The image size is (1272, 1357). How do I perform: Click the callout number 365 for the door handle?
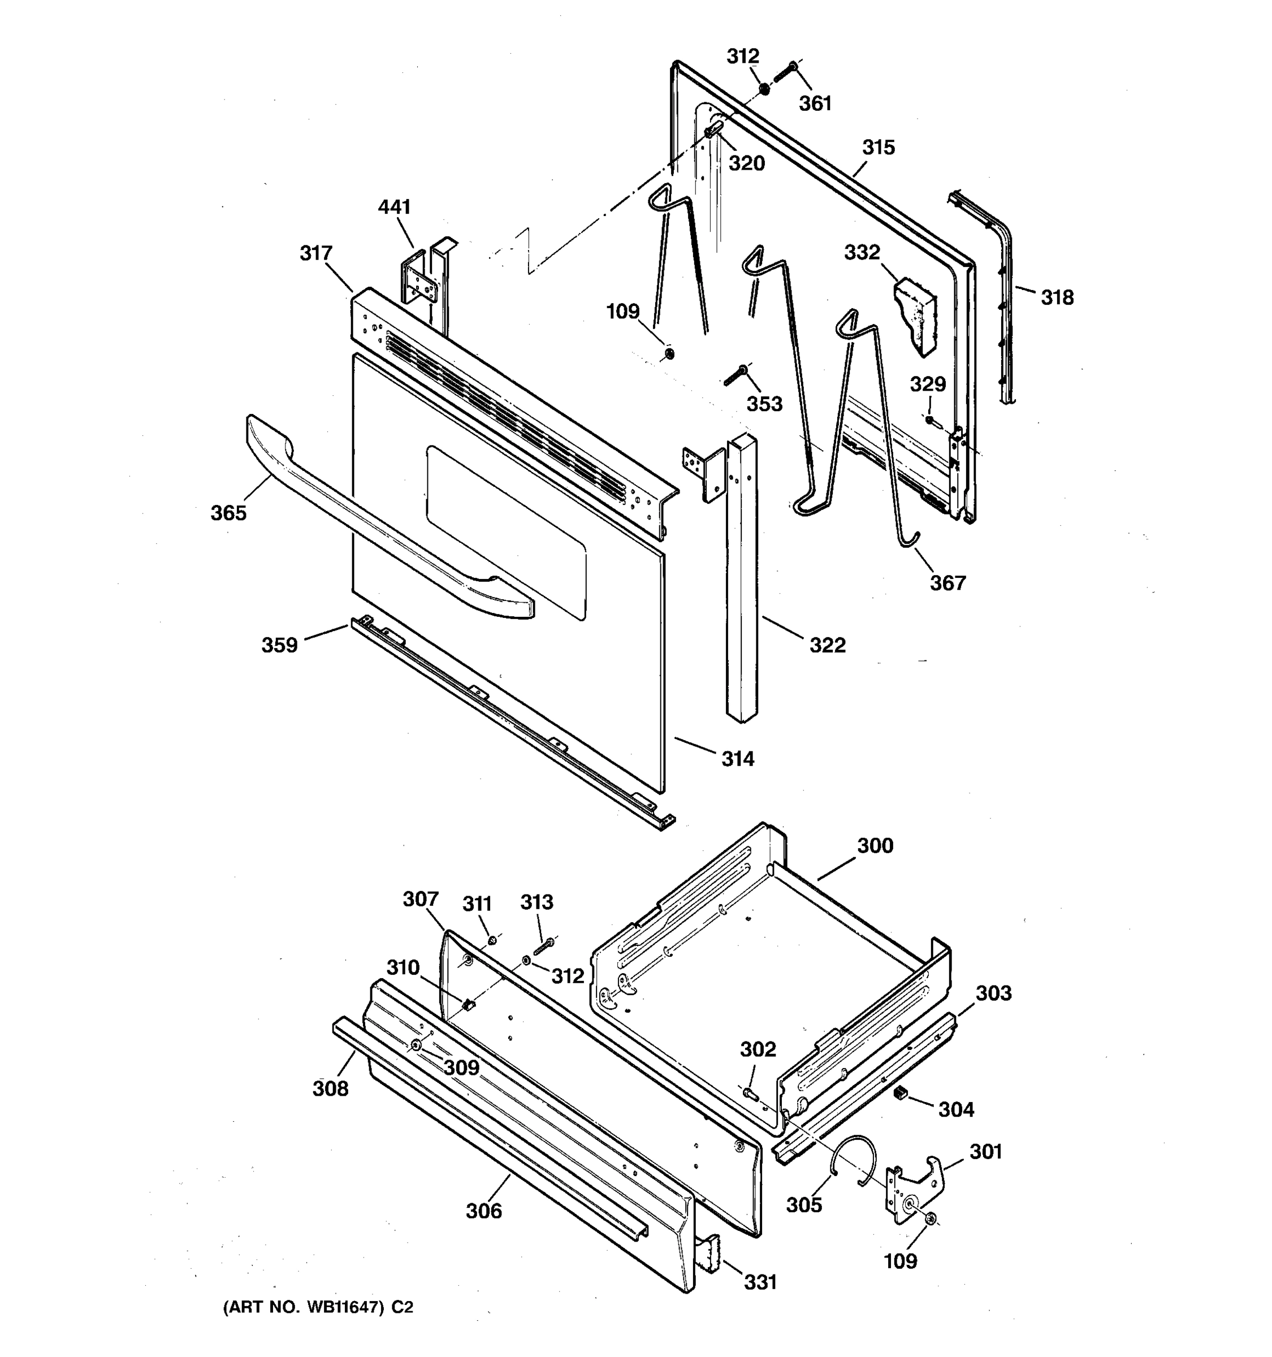228,513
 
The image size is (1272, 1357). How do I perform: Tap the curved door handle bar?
382,520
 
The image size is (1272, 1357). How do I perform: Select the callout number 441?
395,207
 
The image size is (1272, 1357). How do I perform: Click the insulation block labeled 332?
915,313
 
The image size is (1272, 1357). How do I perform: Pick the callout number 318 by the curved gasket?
1057,297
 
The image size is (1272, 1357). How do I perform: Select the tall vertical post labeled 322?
742,580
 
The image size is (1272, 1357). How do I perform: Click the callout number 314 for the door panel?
738,758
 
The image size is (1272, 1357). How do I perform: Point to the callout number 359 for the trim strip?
280,645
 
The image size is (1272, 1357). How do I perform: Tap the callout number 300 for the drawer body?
875,846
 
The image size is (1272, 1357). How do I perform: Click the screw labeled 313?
544,947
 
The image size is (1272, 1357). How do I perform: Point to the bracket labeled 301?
914,1191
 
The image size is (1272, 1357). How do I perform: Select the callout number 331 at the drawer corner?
760,1282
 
